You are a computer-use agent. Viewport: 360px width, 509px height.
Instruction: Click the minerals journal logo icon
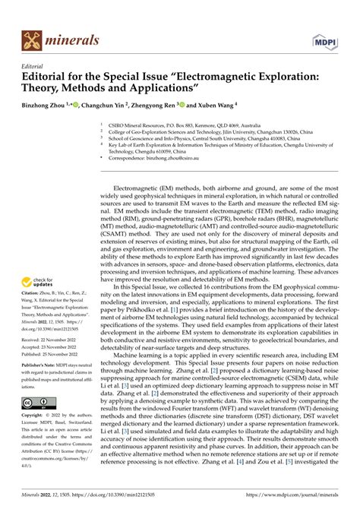32,40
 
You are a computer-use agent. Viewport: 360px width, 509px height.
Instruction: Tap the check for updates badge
38,260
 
